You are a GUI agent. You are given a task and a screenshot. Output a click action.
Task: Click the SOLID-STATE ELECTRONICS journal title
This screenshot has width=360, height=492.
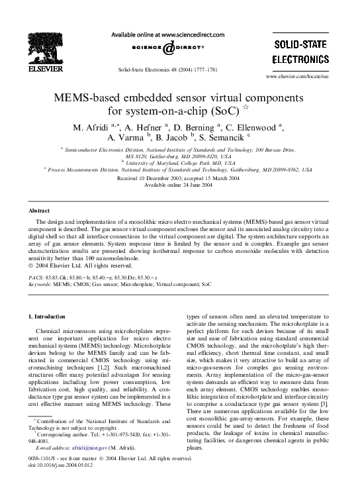[302, 52]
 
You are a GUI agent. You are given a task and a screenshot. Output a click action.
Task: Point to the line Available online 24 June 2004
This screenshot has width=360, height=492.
[179, 185]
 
